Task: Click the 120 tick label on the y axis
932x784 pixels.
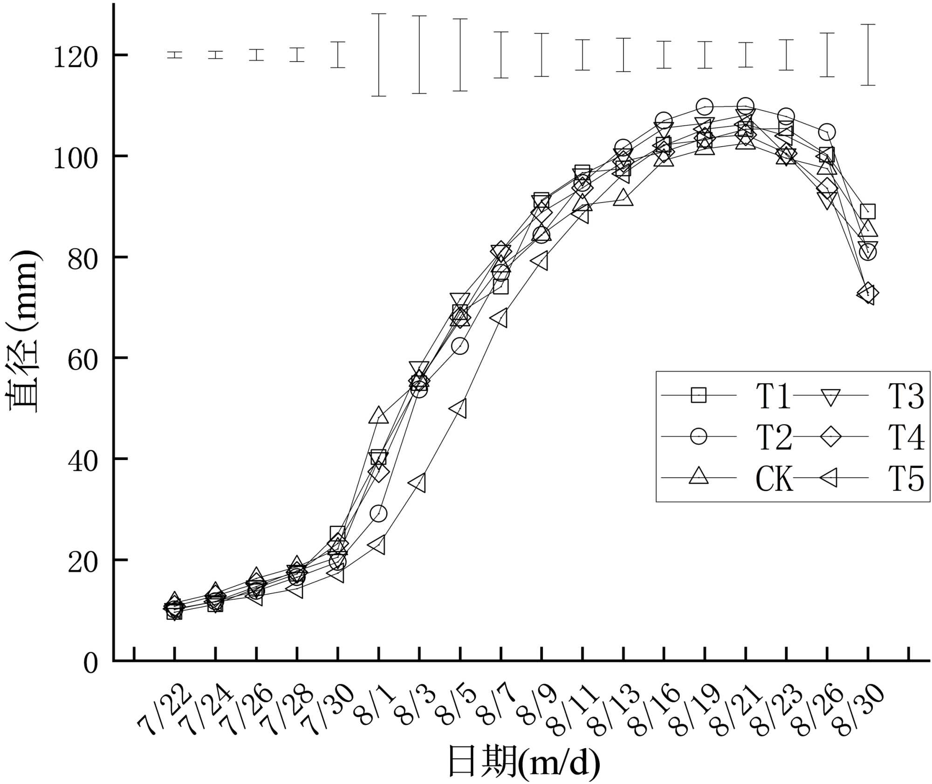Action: [x=75, y=58]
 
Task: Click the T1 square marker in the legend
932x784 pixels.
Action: [x=698, y=395]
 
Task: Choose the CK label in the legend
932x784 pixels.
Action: [x=774, y=478]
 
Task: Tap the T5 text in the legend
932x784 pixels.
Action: [x=905, y=478]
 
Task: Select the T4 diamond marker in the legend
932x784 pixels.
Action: [x=830, y=437]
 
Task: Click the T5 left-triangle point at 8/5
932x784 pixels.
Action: [x=459, y=409]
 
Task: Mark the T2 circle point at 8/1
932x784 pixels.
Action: [x=378, y=514]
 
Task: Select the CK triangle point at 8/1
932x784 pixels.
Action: [x=378, y=416]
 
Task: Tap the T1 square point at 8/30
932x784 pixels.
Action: [x=867, y=211]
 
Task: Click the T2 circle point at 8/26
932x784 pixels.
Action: [x=827, y=132]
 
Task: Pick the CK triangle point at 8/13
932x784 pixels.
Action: [x=624, y=199]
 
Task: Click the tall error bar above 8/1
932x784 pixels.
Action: [x=378, y=55]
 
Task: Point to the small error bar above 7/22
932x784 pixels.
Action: [x=175, y=55]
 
